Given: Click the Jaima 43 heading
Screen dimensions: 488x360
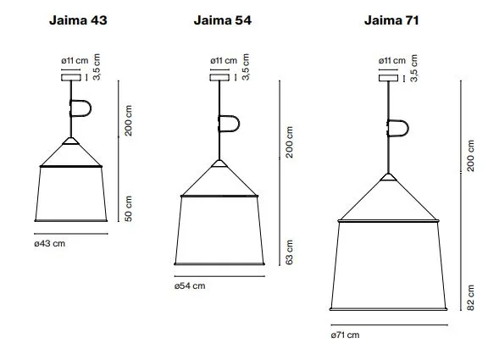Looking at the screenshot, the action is click(78, 20).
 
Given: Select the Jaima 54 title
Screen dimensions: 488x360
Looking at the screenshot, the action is click(223, 20).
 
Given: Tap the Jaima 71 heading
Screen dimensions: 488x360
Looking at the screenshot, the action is click(391, 20).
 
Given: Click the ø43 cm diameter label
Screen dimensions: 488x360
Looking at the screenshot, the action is click(50, 243).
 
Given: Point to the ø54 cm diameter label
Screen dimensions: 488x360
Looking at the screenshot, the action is click(190, 285).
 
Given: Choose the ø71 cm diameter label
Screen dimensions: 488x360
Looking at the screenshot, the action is click(345, 335).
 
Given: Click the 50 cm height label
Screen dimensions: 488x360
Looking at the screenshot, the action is click(128, 208).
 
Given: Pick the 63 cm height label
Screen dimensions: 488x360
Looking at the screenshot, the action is click(290, 252).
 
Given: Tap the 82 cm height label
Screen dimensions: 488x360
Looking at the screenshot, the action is click(470, 298).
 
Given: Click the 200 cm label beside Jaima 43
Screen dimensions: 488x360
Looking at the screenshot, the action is click(128, 120).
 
